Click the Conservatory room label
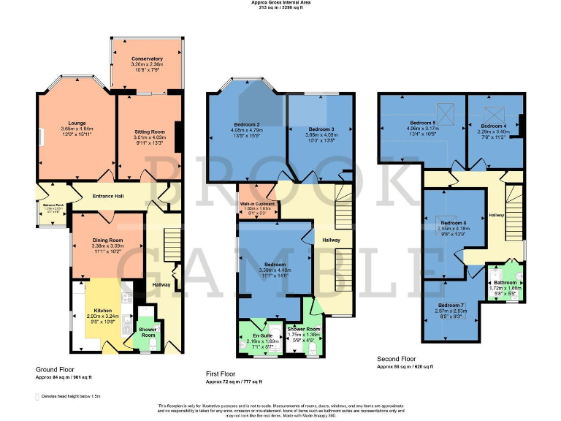tap(147, 58)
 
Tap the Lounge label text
tap(77, 123)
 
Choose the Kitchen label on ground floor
tap(102, 310)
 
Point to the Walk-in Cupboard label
tap(259, 204)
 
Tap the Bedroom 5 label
tap(422, 123)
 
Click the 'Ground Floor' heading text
tap(55, 369)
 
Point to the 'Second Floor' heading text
tap(397, 359)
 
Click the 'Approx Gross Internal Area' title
tap(280, 3)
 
